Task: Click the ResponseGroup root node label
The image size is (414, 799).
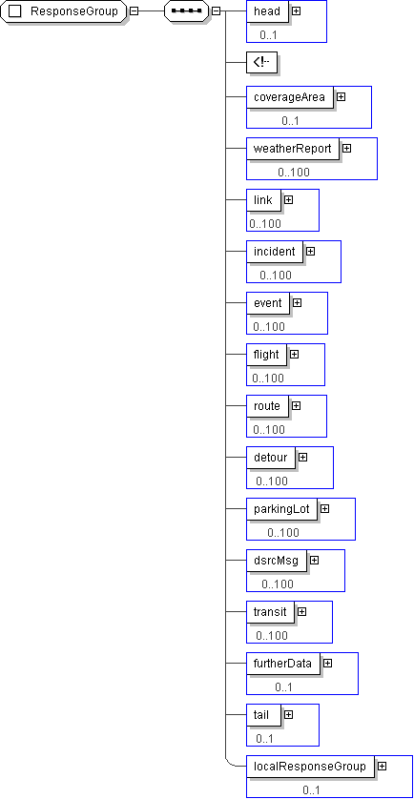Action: [74, 11]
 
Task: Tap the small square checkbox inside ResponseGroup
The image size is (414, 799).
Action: [15, 11]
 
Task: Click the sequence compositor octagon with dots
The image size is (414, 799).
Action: [187, 11]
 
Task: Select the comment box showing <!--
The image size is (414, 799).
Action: [261, 62]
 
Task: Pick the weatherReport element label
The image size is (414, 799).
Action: [293, 149]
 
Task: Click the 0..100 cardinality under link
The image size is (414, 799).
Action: [265, 223]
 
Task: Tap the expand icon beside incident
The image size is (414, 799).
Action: [311, 251]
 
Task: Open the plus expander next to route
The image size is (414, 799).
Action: [297, 405]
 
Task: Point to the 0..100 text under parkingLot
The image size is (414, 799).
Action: [283, 532]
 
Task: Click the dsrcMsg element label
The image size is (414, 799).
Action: [277, 560]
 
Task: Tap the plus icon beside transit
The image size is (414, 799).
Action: [301, 611]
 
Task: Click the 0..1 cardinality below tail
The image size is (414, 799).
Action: [264, 738]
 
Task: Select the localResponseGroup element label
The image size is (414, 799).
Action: [310, 766]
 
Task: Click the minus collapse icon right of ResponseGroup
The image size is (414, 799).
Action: [135, 11]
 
